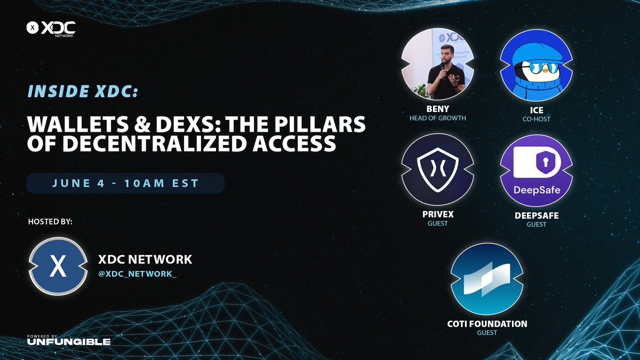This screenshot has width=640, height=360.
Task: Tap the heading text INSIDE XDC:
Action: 83,91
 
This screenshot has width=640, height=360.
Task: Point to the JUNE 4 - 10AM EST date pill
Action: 125,183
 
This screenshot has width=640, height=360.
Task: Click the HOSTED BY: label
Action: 50,221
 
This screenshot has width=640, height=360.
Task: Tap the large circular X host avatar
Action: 58,266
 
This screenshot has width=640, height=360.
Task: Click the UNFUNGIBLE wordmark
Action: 69,341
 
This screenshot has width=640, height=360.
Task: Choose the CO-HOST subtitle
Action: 536,119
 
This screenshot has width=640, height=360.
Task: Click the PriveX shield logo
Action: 437,170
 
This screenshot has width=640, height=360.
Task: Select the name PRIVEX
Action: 437,215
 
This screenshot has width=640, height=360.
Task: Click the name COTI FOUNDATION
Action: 487,324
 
